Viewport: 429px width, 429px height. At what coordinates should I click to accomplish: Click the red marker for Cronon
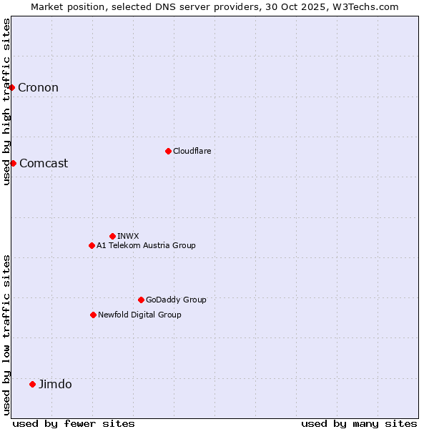[x=12, y=87]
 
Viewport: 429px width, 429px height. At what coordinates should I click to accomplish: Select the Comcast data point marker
[x=13, y=163]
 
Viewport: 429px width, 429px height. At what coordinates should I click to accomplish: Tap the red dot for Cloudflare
[x=168, y=151]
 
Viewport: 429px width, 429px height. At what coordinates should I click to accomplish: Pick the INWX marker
[x=112, y=236]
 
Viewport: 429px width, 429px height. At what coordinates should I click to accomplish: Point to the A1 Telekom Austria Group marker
[x=92, y=245]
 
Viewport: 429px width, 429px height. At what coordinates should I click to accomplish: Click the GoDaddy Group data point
[x=141, y=300]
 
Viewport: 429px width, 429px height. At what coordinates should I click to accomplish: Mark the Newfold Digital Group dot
[x=93, y=315]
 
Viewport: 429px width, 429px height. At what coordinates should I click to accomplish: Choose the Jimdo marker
[x=32, y=384]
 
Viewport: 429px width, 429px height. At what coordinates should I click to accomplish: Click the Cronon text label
[x=38, y=88]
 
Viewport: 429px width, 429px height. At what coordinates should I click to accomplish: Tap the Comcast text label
[x=44, y=163]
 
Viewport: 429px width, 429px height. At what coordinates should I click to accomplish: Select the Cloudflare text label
[x=192, y=151]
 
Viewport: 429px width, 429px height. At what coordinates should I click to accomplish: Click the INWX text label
[x=128, y=236]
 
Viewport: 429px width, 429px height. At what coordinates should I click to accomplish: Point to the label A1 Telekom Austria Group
[x=146, y=245]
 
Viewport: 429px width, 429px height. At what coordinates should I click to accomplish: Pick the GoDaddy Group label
[x=176, y=300]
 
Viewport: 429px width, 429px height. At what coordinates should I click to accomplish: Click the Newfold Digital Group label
[x=139, y=315]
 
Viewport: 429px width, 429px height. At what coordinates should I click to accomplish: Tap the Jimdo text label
[x=55, y=384]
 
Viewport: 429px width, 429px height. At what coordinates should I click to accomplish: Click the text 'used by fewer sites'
[x=74, y=423]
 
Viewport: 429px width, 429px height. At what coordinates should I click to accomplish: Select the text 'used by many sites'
[x=359, y=423]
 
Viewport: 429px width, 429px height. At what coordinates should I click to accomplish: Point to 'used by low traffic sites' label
[x=6, y=335]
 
